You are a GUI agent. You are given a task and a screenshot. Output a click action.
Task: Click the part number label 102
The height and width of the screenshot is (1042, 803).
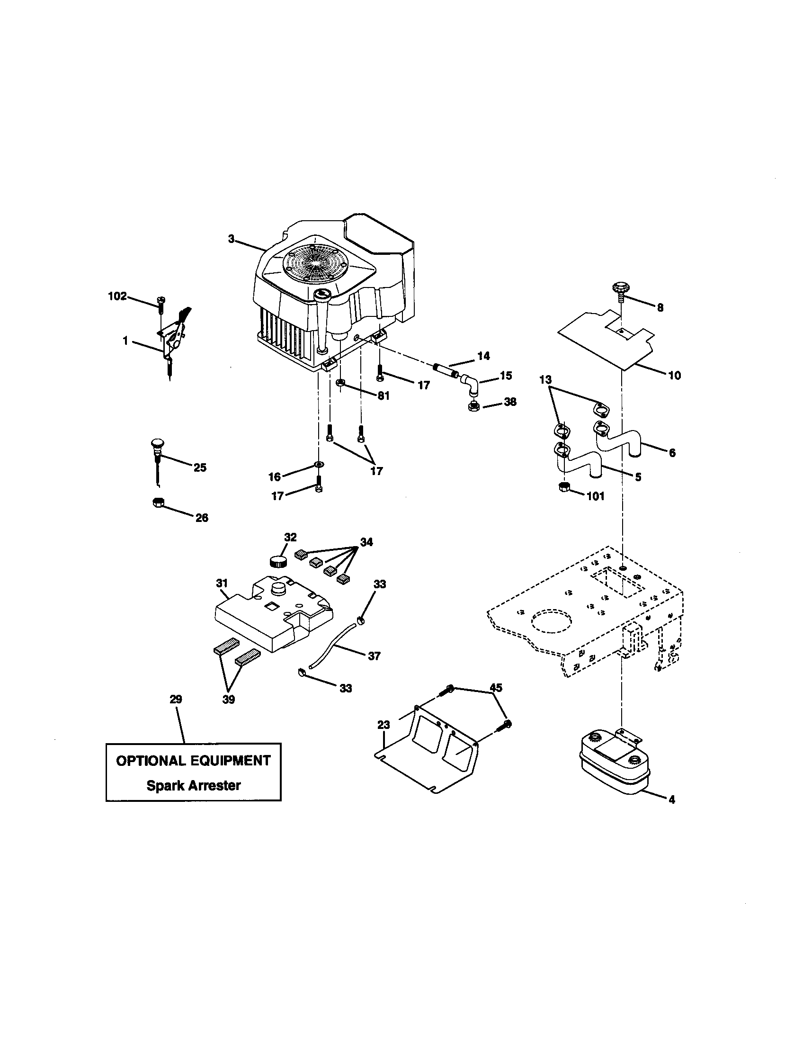click(x=117, y=296)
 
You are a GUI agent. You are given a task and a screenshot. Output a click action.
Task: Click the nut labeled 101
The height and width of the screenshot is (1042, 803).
click(x=564, y=487)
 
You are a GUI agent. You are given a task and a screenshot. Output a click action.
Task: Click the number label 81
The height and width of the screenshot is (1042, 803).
click(x=383, y=395)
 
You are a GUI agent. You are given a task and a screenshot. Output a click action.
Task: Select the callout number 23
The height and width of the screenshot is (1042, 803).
click(x=384, y=725)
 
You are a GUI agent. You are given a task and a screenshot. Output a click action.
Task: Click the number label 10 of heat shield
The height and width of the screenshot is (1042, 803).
click(x=674, y=376)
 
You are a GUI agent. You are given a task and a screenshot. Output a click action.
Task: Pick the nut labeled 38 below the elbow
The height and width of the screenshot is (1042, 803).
click(x=474, y=407)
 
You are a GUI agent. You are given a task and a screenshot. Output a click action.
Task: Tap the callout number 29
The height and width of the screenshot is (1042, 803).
click(x=176, y=700)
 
